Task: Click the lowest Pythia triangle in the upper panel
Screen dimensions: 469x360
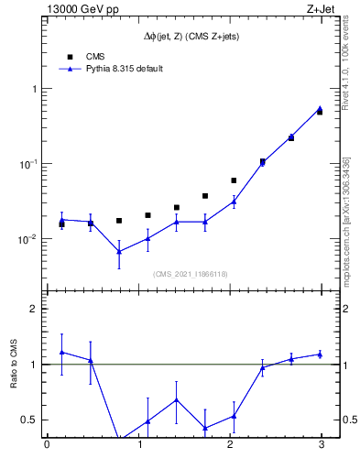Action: (x=119, y=251)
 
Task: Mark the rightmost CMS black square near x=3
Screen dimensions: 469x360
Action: (x=320, y=112)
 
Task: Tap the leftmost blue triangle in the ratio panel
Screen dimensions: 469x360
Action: (x=61, y=352)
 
